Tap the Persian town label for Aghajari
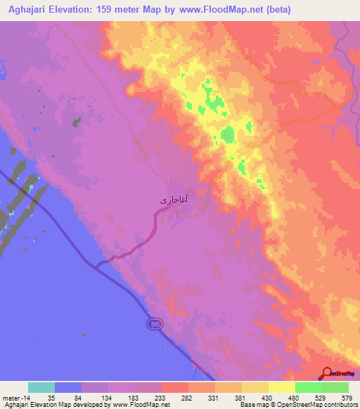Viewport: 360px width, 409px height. click(x=173, y=200)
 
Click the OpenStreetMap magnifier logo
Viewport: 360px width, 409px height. click(x=329, y=372)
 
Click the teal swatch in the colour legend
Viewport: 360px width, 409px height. click(x=41, y=387)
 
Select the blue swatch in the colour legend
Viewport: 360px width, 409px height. click(x=67, y=387)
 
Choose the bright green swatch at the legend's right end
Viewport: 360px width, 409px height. click(x=335, y=387)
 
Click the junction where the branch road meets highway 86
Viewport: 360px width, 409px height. click(x=98, y=264)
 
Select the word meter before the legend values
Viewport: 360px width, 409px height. click(x=8, y=398)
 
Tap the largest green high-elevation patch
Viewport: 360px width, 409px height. click(x=227, y=135)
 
